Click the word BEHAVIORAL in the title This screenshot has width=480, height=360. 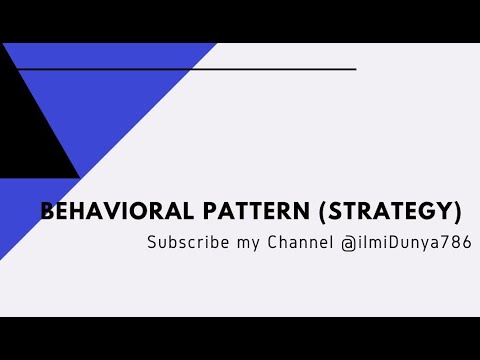109,212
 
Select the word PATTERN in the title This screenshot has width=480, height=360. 251,212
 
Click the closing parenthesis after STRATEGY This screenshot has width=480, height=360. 457,212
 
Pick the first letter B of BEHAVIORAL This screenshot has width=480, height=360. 46,212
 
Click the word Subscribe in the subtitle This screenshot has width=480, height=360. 184,242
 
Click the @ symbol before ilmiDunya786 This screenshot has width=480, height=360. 347,242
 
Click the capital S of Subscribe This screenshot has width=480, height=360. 152,242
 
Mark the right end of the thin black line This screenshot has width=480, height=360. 355,69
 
